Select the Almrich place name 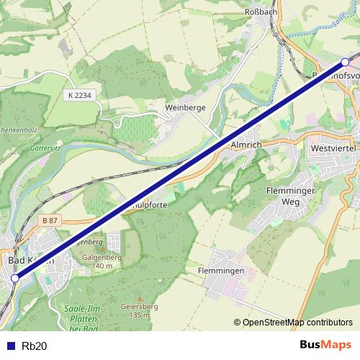pos(247,144)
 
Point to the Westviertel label pos(330,148)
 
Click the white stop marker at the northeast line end pos(346,62)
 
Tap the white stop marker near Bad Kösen pos(15,276)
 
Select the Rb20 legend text pos(35,346)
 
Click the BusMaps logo pos(326,345)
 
